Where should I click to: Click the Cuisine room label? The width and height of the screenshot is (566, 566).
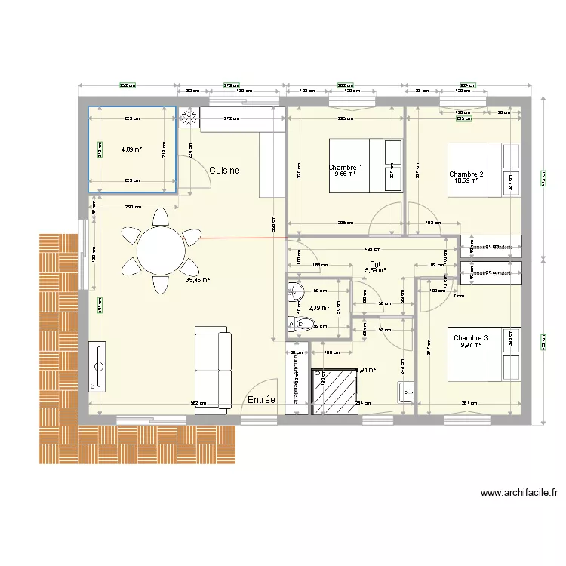pyautogui.click(x=225, y=171)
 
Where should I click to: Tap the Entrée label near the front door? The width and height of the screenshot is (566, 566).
pyautogui.click(x=261, y=400)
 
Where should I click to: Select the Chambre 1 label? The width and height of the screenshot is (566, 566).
pyautogui.click(x=345, y=168)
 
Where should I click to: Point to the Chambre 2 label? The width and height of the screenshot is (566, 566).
pyautogui.click(x=466, y=174)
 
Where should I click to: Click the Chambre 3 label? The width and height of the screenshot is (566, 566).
pyautogui.click(x=470, y=338)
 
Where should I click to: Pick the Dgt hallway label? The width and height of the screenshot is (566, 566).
pyautogui.click(x=375, y=264)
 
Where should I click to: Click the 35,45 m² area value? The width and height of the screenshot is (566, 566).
pyautogui.click(x=197, y=279)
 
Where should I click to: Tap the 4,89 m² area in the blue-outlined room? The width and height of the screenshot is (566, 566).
pyautogui.click(x=132, y=149)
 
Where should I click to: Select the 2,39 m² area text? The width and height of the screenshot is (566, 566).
pyautogui.click(x=319, y=308)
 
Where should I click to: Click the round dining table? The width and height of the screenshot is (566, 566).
pyautogui.click(x=160, y=248)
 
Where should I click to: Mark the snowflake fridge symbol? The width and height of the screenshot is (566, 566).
pyautogui.click(x=189, y=118)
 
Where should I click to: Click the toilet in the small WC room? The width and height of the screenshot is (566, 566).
pyautogui.click(x=303, y=325)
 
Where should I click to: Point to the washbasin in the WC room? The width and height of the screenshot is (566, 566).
pyautogui.click(x=295, y=291)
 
